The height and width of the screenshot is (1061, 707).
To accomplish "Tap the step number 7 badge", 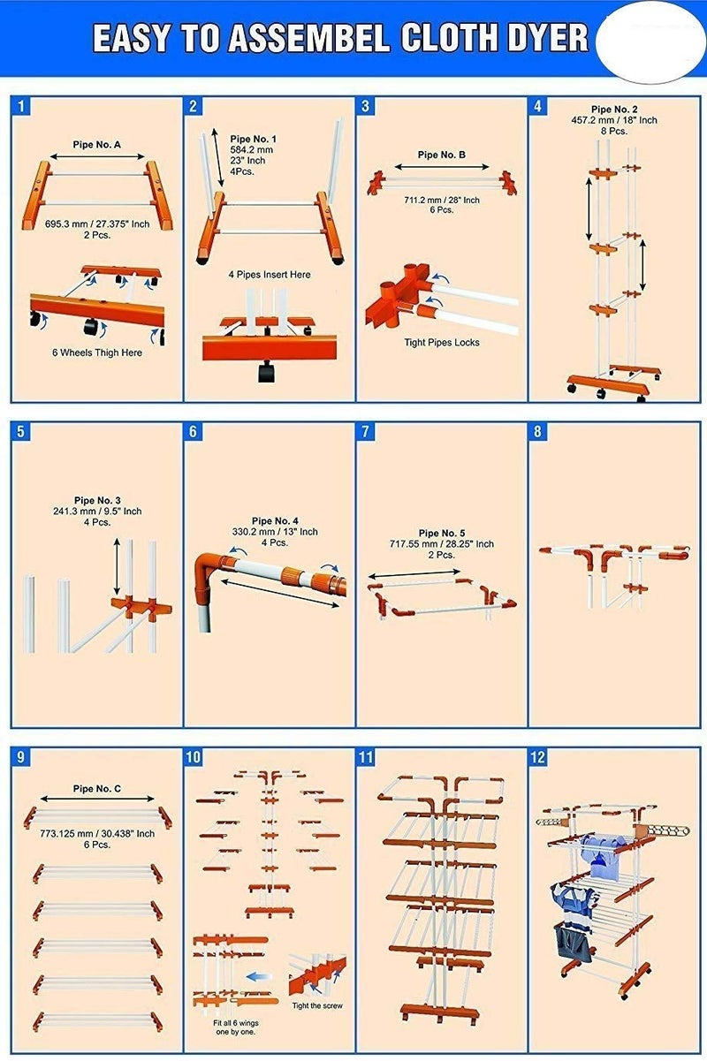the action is coord(365,431).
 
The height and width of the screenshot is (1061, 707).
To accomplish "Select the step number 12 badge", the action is coord(538,757).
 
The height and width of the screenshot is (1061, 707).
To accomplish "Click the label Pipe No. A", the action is coord(96,145).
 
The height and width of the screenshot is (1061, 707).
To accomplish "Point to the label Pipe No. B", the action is coord(442,155).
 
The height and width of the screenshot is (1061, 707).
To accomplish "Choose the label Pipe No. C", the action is coord(96,788).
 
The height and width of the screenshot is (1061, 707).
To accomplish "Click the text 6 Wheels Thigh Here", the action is coord(97,352).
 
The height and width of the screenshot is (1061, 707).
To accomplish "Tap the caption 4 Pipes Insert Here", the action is coord(270,274).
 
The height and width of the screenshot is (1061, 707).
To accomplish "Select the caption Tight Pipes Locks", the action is coord(442,342).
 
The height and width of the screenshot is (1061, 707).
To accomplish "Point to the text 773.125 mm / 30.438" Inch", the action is coord(97,833).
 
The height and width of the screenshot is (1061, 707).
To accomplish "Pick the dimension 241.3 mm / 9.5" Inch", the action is coord(97,512).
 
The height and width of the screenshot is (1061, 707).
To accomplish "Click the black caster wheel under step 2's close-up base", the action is coord(266,371).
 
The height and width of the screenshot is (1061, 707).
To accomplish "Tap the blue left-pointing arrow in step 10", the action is coord(259,976).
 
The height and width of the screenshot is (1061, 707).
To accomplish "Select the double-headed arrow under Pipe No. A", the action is coord(97,156).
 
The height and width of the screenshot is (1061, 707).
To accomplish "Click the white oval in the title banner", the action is coord(650,42).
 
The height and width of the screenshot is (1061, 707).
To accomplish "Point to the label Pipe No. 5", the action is coord(442,533).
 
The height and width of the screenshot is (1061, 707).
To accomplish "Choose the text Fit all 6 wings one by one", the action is coord(235,1027).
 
